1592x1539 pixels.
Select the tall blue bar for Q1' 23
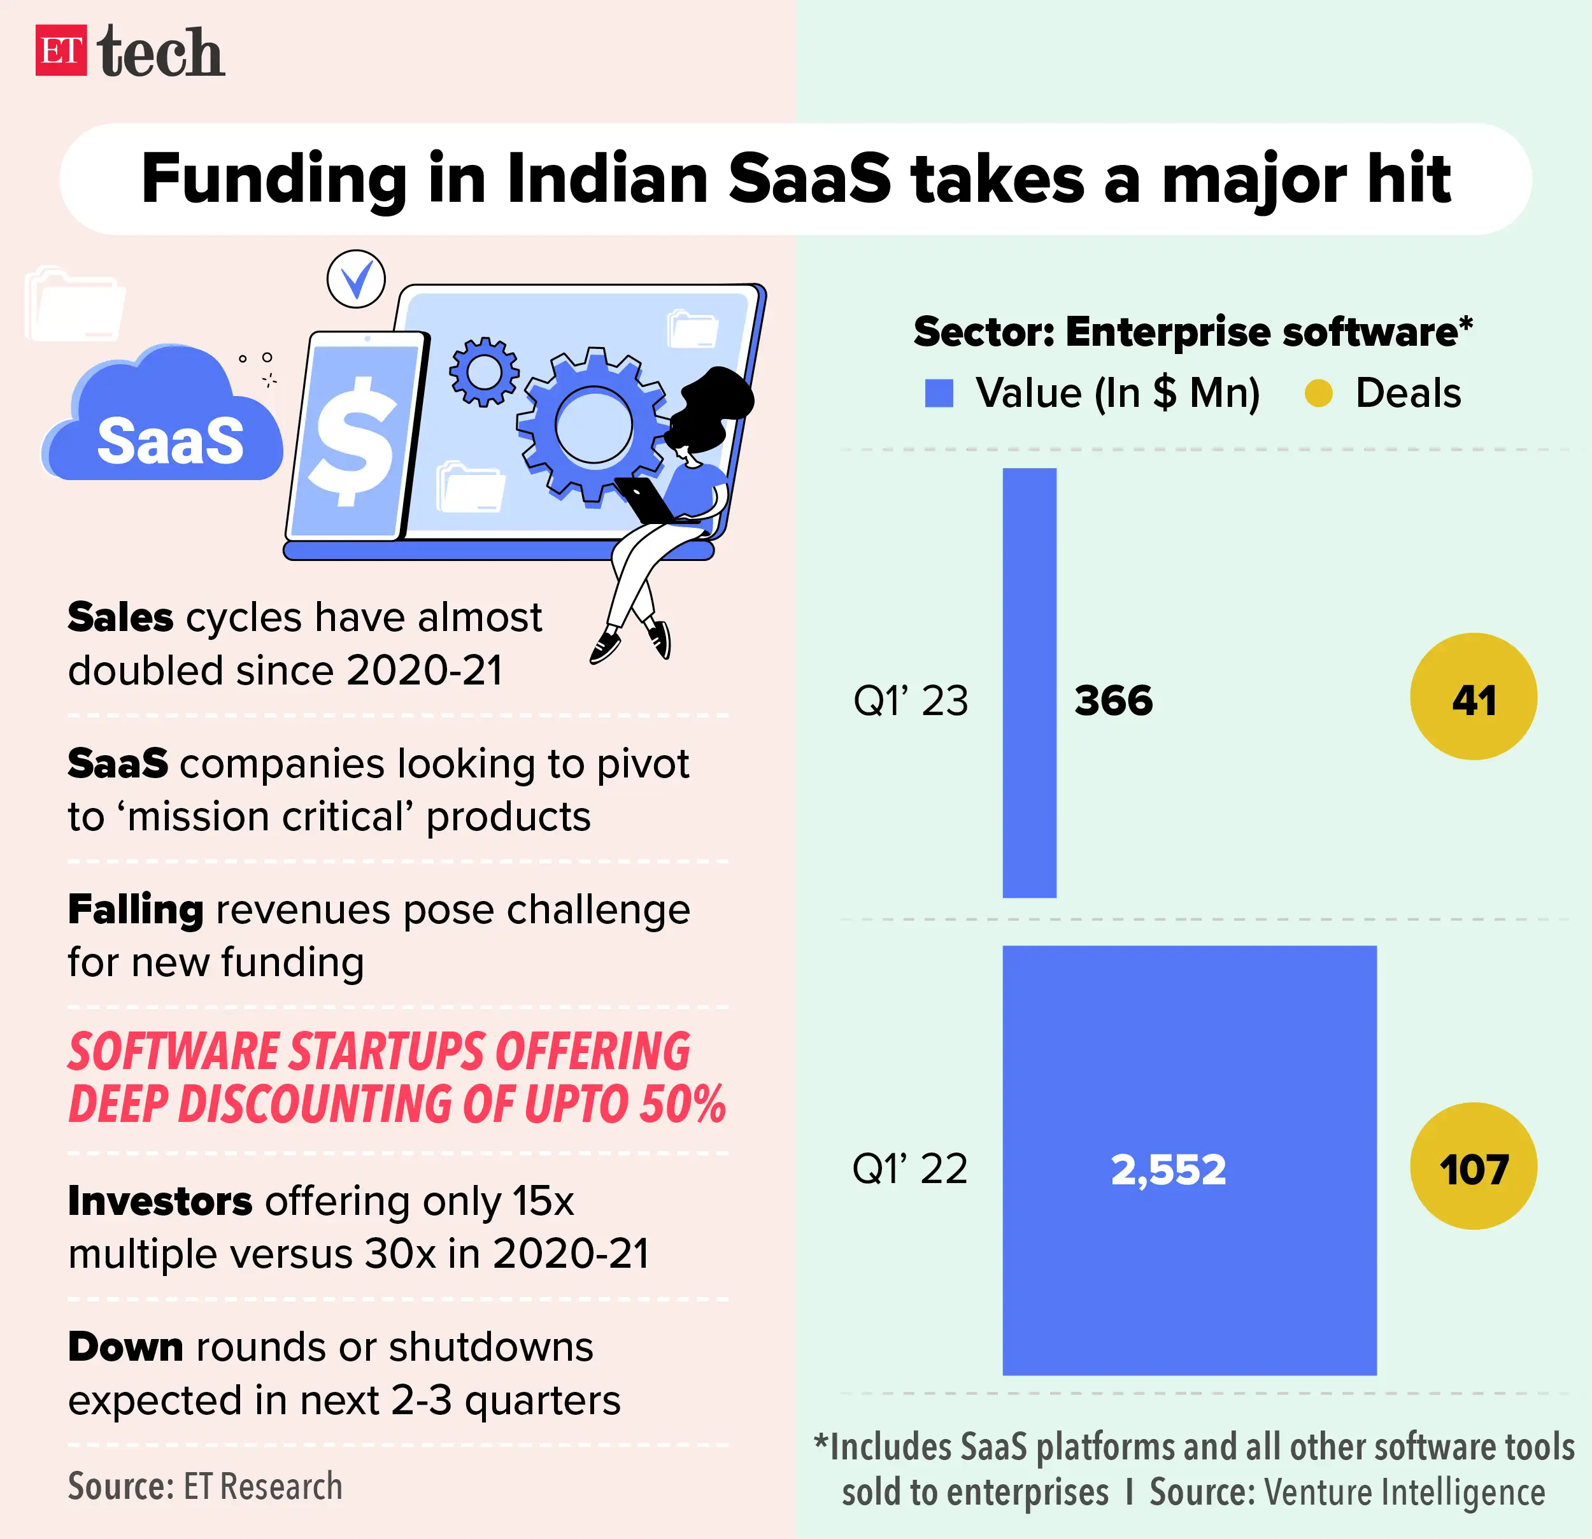point(1029,682)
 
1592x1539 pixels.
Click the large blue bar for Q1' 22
point(1188,1267)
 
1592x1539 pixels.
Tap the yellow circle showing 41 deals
point(1472,697)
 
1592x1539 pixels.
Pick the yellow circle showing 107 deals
point(1472,1167)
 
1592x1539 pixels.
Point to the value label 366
point(1112,700)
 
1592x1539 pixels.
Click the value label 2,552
point(1168,1170)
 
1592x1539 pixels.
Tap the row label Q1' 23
point(911,700)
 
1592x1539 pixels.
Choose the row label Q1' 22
point(910,1170)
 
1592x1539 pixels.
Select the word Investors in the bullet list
point(160,1201)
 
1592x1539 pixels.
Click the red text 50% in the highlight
point(681,1103)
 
